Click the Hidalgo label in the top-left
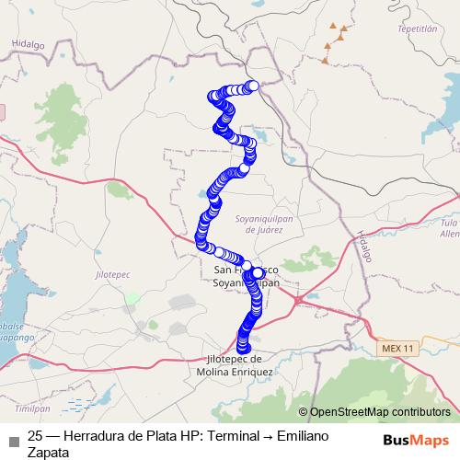pyautogui.click(x=28, y=43)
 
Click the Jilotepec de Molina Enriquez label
pyautogui.click(x=235, y=365)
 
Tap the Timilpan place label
pyautogui.click(x=32, y=407)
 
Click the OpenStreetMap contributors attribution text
pyautogui.click(x=379, y=412)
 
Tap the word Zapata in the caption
pyautogui.click(x=49, y=452)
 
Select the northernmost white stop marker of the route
pyautogui.click(x=253, y=86)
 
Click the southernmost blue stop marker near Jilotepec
pyautogui.click(x=243, y=346)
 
